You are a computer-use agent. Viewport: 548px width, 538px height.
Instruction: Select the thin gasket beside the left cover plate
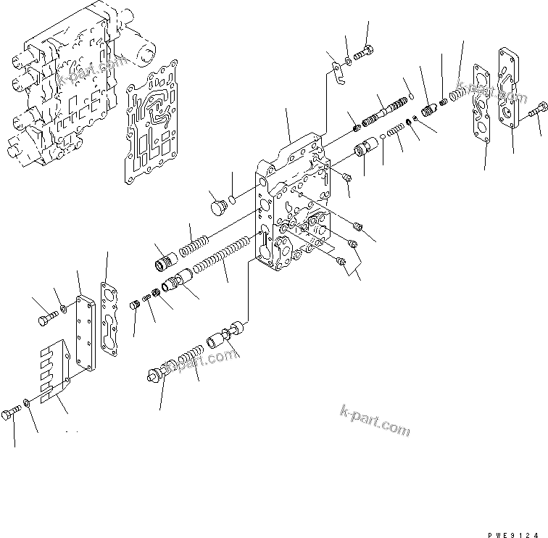112,320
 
